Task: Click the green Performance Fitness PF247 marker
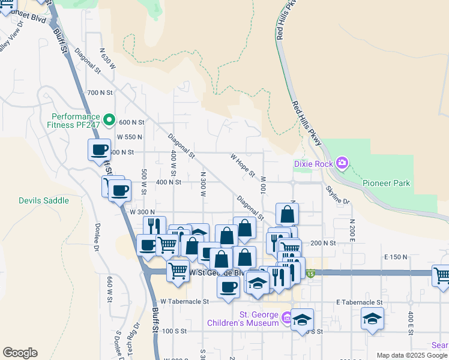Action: (109, 121)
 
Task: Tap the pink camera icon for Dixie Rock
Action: (342, 163)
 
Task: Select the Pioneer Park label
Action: (387, 182)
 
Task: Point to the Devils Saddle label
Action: (44, 200)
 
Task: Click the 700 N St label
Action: (100, 92)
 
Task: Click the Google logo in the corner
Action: (20, 353)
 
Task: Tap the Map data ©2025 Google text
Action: (412, 355)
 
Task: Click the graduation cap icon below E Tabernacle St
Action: (372, 318)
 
